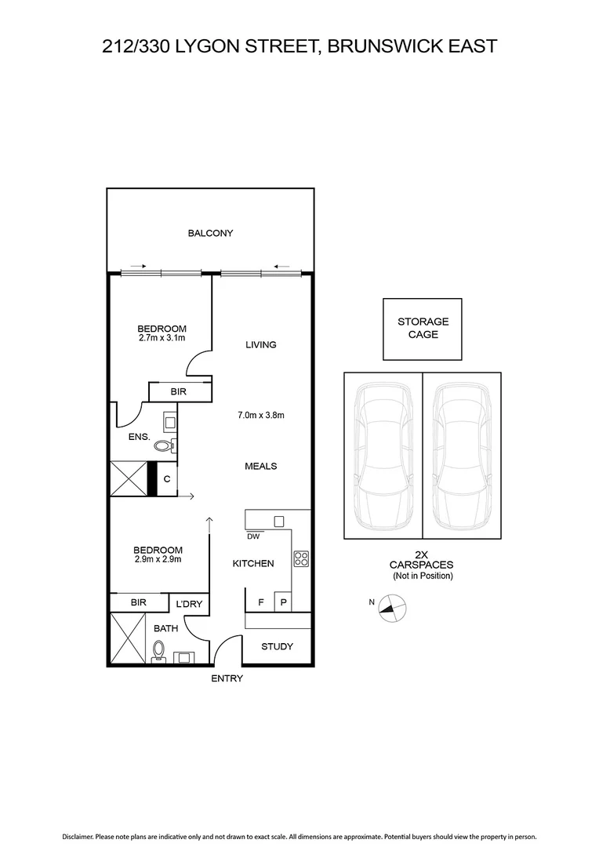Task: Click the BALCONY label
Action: [x=210, y=233]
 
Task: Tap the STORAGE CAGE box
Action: [x=423, y=328]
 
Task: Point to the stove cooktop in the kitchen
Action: [x=300, y=559]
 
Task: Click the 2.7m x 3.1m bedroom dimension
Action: [x=162, y=338]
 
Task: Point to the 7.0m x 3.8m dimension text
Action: [x=260, y=415]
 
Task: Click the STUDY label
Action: [x=277, y=646]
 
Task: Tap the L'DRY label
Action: [x=188, y=603]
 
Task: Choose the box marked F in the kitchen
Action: [x=260, y=602]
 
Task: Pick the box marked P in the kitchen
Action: [x=282, y=602]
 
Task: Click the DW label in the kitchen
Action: [x=252, y=537]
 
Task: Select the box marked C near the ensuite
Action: [x=167, y=478]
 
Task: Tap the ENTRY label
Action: [x=227, y=678]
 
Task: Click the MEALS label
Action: [x=260, y=466]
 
